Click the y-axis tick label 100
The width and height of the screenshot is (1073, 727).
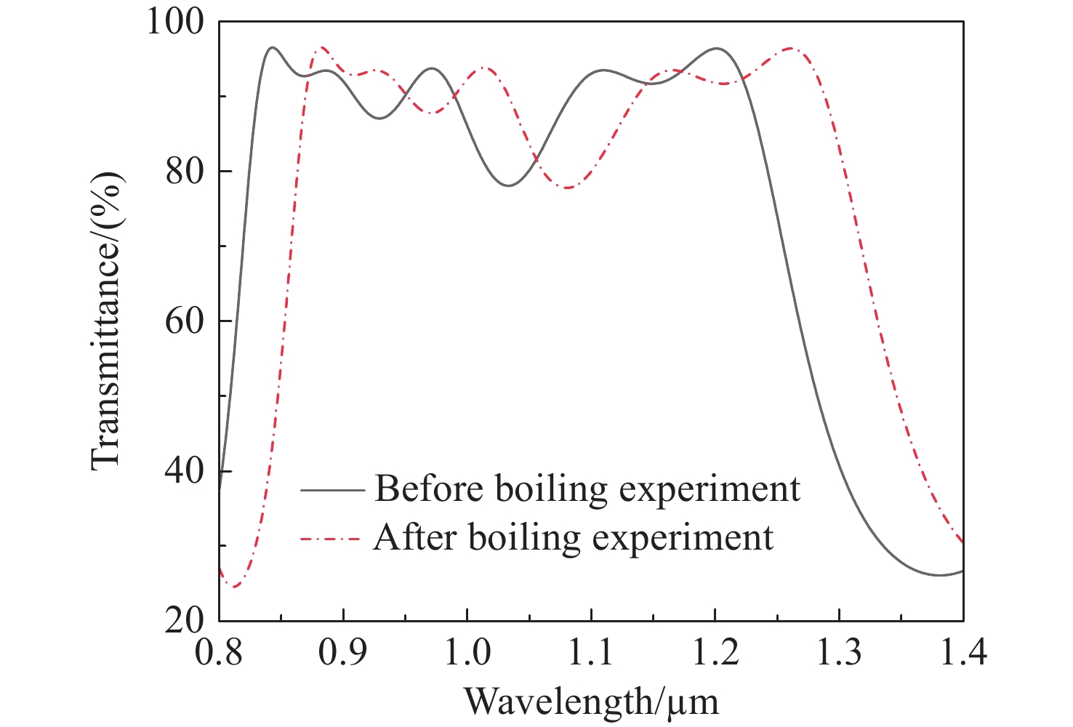pyautogui.click(x=177, y=22)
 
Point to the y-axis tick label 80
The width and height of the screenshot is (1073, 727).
pyautogui.click(x=185, y=172)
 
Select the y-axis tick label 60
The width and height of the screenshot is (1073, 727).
pyautogui.click(x=185, y=321)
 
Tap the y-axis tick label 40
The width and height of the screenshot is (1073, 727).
pyautogui.click(x=185, y=471)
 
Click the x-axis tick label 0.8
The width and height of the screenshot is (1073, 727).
pyautogui.click(x=219, y=652)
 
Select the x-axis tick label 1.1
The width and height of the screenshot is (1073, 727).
pyautogui.click(x=591, y=652)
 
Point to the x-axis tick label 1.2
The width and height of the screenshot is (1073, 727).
pyautogui.click(x=715, y=652)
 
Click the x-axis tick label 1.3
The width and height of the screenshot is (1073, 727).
pyautogui.click(x=839, y=652)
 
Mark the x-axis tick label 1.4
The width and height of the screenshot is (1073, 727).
pyautogui.click(x=963, y=652)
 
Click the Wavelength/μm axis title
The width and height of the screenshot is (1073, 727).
pyautogui.click(x=591, y=702)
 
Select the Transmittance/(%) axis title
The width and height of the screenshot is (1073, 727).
pyautogui.click(x=106, y=321)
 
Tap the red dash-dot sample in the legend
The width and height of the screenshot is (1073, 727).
pyautogui.click(x=331, y=539)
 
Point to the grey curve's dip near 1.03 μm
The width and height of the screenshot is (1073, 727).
pyautogui.click(x=509, y=185)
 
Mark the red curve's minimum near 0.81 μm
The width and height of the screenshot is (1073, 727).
pyautogui.click(x=233, y=587)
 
